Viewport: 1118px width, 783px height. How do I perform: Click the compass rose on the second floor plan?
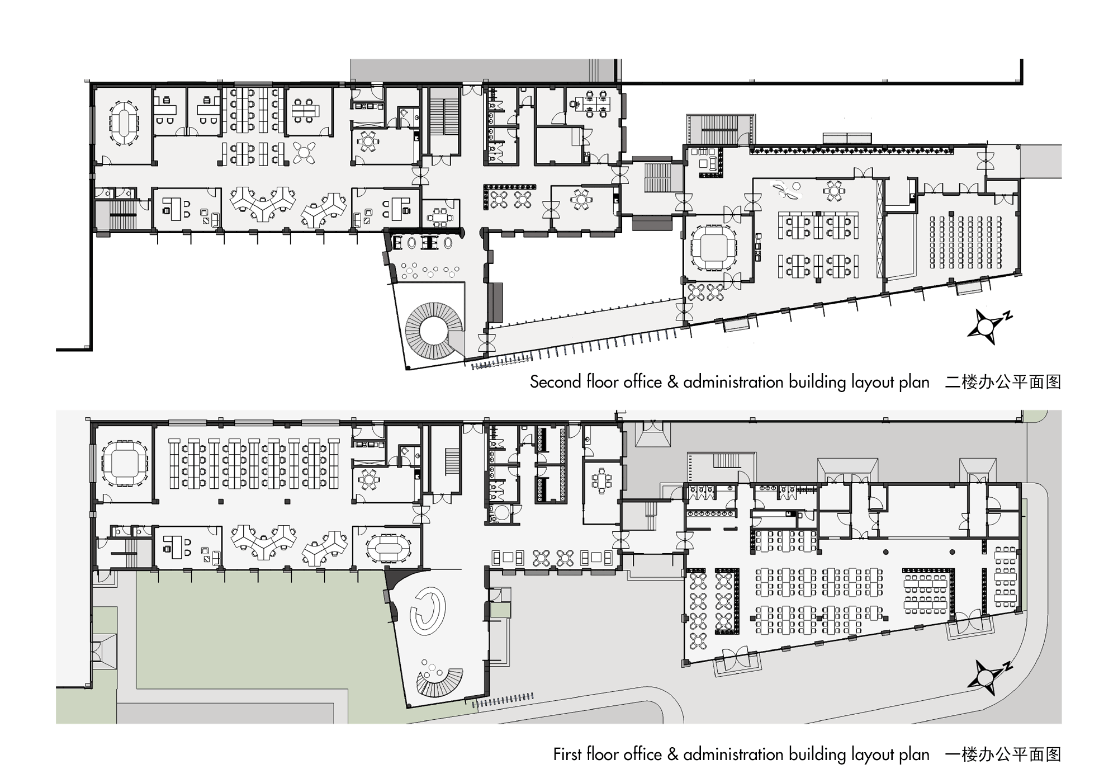point(988,326)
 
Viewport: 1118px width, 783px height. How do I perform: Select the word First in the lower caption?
point(567,754)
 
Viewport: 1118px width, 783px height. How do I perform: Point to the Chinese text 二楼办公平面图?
point(1003,382)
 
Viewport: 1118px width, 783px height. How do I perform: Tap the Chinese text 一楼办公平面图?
point(1003,754)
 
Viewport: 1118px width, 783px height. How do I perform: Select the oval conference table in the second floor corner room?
point(124,122)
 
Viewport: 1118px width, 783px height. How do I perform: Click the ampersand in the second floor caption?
point(673,382)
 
